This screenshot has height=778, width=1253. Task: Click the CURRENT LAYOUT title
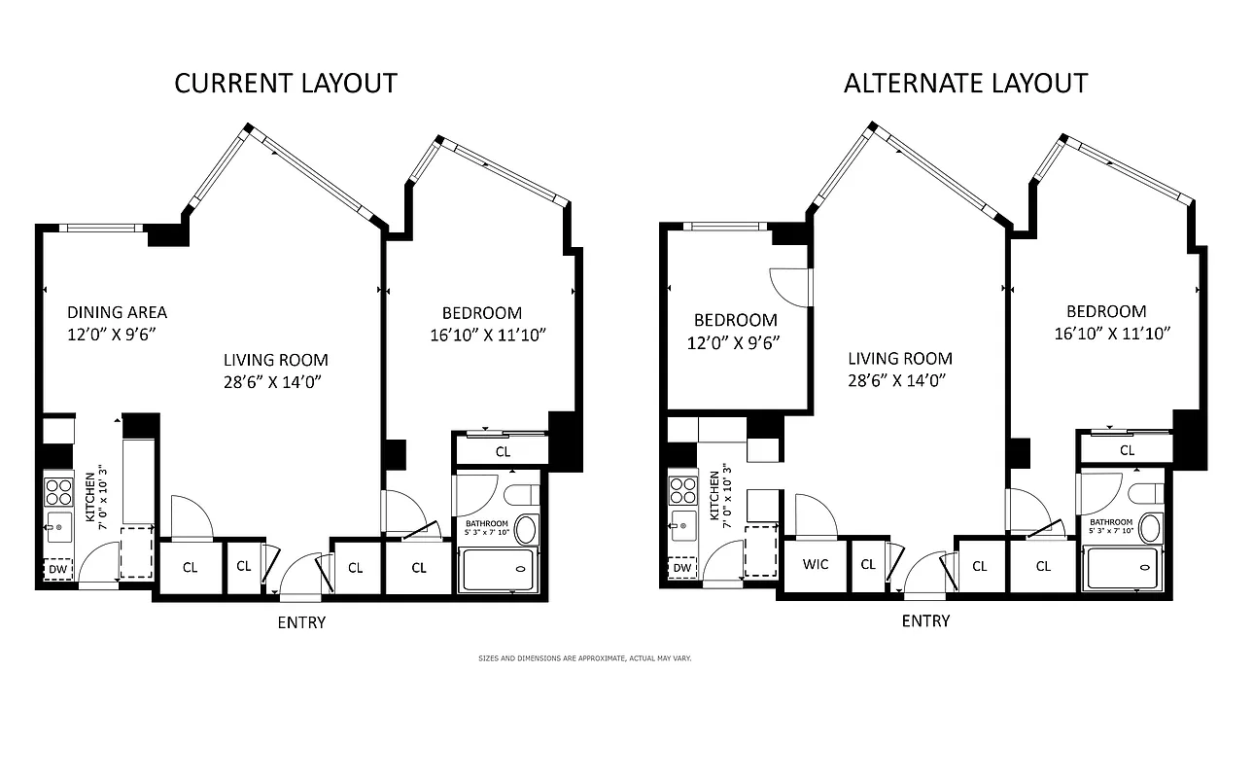[x=286, y=84]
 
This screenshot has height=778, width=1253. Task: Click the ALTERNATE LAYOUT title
[x=965, y=84]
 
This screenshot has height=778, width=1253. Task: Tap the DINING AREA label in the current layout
[x=117, y=312]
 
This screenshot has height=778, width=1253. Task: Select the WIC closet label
[x=815, y=564]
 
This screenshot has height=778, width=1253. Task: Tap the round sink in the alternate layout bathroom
[x=1148, y=529]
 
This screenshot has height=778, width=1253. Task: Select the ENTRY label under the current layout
[x=301, y=622]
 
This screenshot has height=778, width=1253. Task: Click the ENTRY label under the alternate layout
[x=925, y=620]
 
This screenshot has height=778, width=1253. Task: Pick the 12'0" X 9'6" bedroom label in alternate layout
[x=735, y=342]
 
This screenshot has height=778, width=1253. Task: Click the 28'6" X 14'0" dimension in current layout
[x=272, y=382]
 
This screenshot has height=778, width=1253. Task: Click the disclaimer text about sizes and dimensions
[x=584, y=658]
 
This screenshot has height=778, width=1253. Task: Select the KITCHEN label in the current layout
[x=90, y=497]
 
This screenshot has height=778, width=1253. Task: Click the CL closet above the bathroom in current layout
[x=503, y=451]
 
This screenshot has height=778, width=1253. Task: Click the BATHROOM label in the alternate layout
[x=1111, y=522]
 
